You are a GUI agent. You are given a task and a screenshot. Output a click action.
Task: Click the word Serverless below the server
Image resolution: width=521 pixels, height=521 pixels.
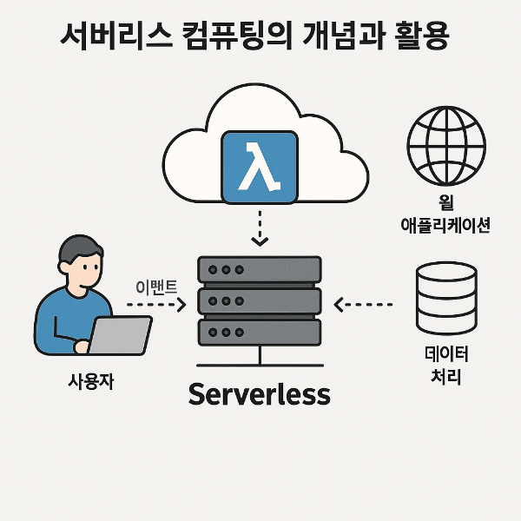pyautogui.click(x=260, y=394)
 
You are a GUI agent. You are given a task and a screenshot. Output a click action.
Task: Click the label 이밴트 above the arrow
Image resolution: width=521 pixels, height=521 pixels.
pyautogui.click(x=157, y=285)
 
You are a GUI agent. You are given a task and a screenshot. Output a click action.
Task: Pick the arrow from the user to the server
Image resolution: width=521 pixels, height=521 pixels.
pyautogui.click(x=157, y=305)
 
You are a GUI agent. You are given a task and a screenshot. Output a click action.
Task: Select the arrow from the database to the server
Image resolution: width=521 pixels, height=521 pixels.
pyautogui.click(x=365, y=305)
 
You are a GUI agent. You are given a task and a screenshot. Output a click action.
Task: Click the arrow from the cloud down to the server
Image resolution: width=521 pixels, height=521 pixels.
pyautogui.click(x=260, y=228)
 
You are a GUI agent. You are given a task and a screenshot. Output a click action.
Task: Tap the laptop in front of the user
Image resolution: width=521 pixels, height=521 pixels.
pyautogui.click(x=122, y=334)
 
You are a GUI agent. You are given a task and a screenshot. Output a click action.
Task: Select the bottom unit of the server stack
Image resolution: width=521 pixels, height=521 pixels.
pyautogui.click(x=260, y=332)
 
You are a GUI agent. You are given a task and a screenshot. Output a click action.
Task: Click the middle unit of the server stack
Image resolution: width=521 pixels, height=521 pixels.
pyautogui.click(x=260, y=301)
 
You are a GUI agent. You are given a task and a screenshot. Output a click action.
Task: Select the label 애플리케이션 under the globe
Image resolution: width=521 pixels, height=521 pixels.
pyautogui.click(x=448, y=225)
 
